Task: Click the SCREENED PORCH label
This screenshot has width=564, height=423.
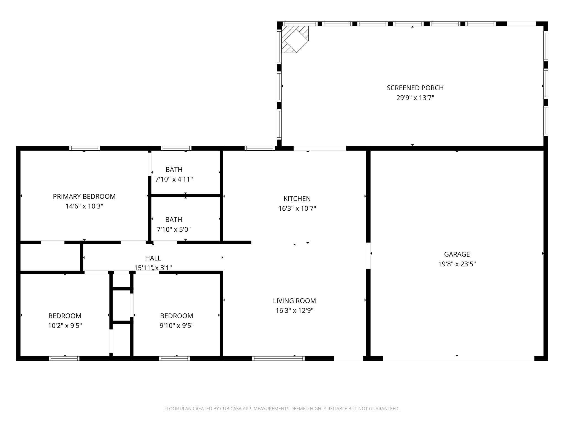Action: point(415,88)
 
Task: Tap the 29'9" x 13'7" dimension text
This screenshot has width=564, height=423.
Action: point(415,98)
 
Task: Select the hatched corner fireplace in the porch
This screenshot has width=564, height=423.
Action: point(294,39)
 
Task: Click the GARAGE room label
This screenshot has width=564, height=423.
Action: point(457,254)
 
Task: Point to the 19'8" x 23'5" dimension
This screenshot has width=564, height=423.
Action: point(457,264)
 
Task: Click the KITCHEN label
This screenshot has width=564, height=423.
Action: point(297,199)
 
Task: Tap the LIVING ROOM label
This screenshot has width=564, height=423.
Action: point(294,301)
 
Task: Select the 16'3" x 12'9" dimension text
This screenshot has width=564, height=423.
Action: point(294,311)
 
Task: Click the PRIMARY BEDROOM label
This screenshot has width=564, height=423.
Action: point(84,196)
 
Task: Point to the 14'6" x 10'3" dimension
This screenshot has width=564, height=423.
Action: point(84,206)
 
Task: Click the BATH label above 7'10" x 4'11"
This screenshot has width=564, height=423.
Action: point(174,169)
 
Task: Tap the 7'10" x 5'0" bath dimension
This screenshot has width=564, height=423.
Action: point(173,229)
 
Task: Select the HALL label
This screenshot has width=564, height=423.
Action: point(153,258)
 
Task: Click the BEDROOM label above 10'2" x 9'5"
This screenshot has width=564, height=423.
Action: point(65,316)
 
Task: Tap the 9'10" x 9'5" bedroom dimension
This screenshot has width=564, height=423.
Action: point(177,326)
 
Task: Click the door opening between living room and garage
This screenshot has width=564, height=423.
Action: point(368,256)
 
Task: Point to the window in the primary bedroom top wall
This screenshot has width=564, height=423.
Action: point(85,148)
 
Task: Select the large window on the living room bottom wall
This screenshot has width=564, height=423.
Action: point(278,358)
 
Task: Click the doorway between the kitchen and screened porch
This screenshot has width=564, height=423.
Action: point(320,148)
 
